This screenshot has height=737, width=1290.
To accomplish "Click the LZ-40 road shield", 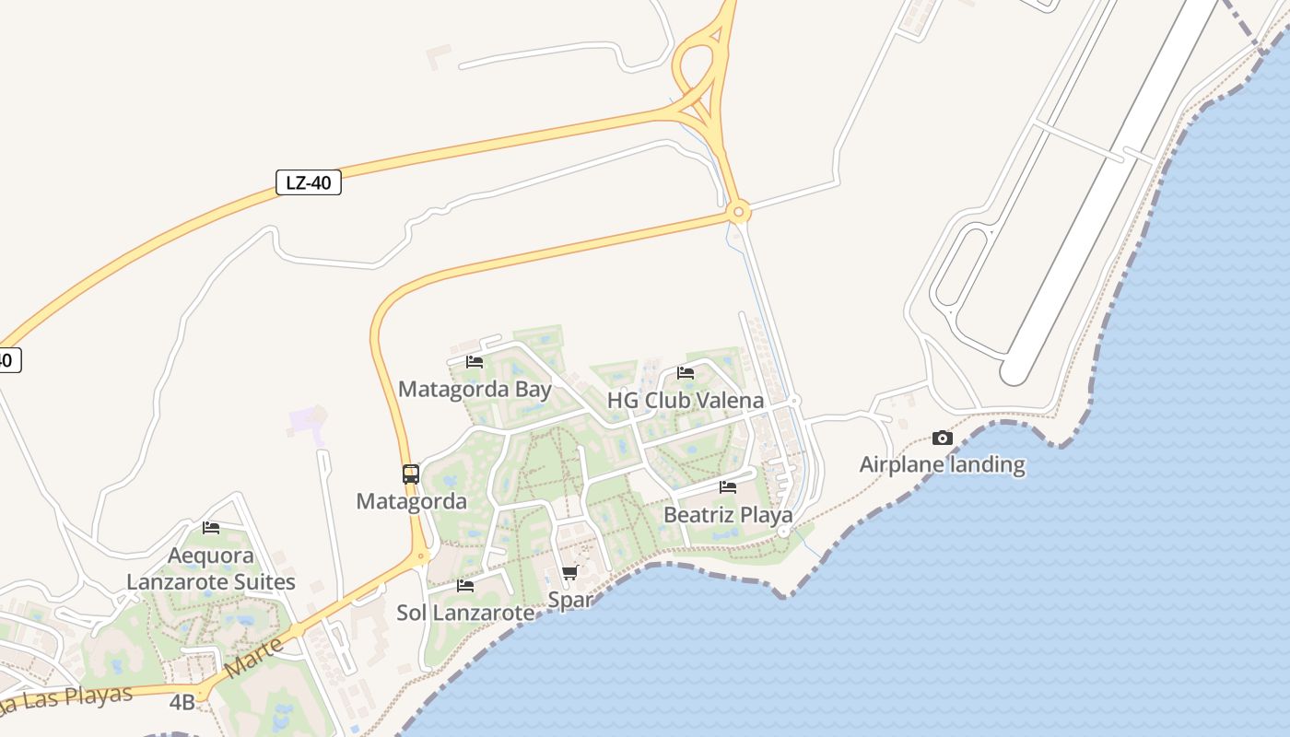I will tap(309, 182).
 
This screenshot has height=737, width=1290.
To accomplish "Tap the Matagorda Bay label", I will tap(475, 389).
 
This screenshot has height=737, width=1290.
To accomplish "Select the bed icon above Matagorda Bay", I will tap(475, 361).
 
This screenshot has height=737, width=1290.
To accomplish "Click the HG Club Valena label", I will tap(686, 401).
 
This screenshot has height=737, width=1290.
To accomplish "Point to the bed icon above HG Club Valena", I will tap(686, 373).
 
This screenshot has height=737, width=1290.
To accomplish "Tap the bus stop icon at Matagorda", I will tap(411, 474).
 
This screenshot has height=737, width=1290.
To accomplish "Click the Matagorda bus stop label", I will tap(411, 502).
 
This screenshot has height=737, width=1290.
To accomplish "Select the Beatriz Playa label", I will tap(728, 515).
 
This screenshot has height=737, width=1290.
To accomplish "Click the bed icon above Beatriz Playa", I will tap(728, 486).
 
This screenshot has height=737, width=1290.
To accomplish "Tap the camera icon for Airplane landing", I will tap(942, 438).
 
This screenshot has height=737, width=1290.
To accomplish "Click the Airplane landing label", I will tap(942, 464).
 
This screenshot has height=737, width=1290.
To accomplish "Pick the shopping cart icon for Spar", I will tap(569, 573).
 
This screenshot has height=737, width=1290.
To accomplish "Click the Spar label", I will tap(569, 600).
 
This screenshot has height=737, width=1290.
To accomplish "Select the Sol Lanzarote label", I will tap(465, 613).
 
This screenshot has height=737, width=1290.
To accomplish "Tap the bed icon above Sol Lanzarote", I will tap(465, 585).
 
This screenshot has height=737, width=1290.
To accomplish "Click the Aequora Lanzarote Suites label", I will tap(211, 569).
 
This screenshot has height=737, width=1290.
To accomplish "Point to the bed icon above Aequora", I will tap(211, 528).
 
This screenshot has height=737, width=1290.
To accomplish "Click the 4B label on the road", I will tap(182, 702).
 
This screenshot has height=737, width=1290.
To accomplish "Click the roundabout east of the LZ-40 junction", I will tap(738, 213).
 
